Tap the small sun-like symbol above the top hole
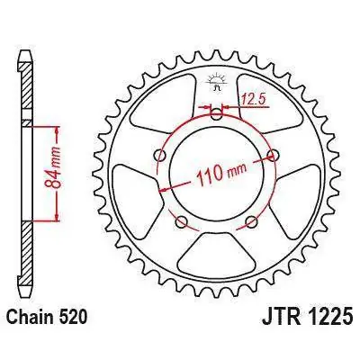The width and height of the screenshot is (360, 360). click(x=216, y=86)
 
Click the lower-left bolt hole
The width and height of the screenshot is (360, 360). click(x=180, y=221)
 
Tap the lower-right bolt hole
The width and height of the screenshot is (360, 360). click(x=252, y=221)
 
